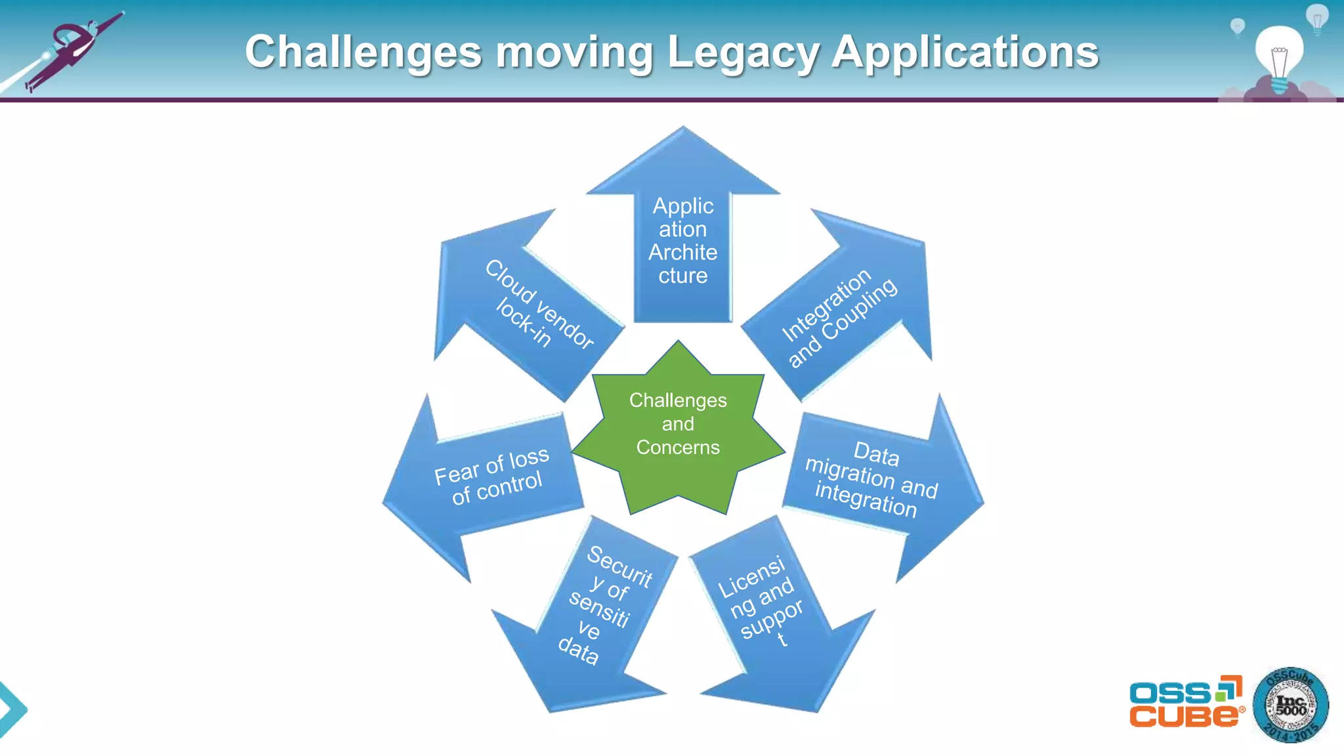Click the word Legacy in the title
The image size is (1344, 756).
743,52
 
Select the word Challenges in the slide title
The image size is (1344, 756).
364,52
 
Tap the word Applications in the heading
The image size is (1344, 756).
965,52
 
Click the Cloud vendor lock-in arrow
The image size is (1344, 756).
525,302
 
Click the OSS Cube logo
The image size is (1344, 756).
1185,702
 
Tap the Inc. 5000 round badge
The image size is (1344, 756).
1290,705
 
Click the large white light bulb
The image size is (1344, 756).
1279,56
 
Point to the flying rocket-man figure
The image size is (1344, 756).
72,49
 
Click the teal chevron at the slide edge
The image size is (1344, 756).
12,709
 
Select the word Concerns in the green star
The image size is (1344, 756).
678,448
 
